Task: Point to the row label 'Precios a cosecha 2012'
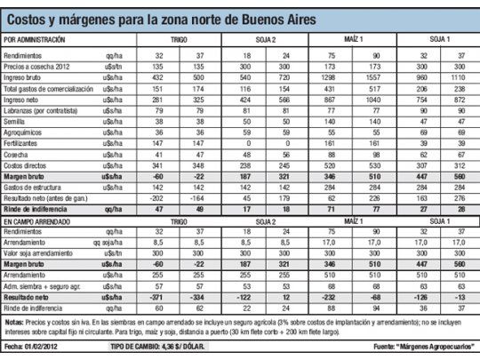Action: click(x=38, y=66)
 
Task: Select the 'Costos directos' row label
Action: click(x=27, y=164)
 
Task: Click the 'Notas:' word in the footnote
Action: click(x=15, y=322)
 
